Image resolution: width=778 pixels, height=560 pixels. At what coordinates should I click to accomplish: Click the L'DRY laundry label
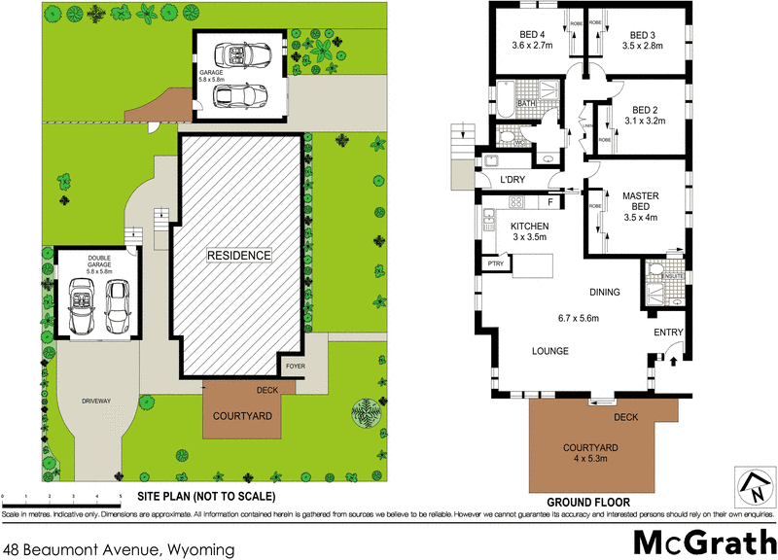point(513,180)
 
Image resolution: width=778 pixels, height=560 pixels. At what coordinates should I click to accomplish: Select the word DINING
point(606,291)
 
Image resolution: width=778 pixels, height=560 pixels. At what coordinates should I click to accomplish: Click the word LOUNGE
point(549,351)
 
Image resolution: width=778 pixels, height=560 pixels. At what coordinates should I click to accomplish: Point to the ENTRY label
point(669,333)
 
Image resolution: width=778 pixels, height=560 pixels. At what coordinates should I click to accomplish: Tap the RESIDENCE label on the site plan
point(238,255)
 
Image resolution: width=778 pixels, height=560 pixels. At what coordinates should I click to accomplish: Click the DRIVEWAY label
point(98,400)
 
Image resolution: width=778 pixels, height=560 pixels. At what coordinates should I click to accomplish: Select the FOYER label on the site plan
point(294,367)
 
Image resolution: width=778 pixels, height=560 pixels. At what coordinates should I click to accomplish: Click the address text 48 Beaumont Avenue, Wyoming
point(120,549)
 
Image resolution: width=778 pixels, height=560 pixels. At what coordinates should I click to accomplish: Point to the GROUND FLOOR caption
point(587,502)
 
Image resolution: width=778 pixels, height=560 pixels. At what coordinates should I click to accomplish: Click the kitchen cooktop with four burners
point(517,202)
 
